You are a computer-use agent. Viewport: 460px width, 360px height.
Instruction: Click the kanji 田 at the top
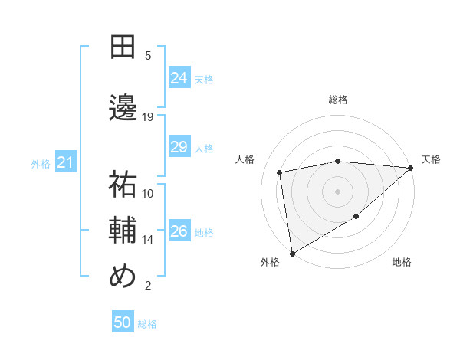[x=123, y=47]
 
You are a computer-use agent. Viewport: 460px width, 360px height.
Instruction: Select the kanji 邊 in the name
[x=123, y=108]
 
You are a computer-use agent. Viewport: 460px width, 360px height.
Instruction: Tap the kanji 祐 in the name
[x=123, y=185]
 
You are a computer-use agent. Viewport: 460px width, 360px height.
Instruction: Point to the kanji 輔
[x=123, y=231]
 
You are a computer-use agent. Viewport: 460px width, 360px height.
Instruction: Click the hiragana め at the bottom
[x=123, y=277]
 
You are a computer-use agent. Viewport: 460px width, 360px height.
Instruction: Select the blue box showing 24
[x=179, y=77]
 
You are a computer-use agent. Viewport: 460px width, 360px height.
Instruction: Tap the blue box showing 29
[x=179, y=147]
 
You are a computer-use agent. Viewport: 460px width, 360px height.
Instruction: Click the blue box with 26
[x=179, y=231]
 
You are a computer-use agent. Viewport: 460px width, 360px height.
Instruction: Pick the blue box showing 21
[x=65, y=162]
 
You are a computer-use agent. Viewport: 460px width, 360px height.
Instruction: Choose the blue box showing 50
[x=123, y=322]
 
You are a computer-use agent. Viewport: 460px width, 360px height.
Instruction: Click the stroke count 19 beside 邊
[x=148, y=117]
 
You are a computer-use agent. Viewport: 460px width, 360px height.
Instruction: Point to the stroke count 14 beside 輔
[x=148, y=240]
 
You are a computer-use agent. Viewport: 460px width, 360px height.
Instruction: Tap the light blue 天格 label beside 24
[x=204, y=79]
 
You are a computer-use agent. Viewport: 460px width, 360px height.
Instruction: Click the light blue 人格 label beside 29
[x=204, y=148]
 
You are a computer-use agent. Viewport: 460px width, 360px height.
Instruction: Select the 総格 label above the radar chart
[x=337, y=100]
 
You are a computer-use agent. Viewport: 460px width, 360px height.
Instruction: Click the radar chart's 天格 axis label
[x=431, y=159]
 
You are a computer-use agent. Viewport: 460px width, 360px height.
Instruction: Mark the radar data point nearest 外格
[x=292, y=253]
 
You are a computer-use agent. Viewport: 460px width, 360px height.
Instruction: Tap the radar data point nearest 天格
[x=411, y=168]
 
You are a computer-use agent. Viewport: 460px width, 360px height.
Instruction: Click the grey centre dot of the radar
[x=337, y=191]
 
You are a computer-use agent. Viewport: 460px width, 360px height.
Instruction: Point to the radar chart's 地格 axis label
[x=402, y=263]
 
